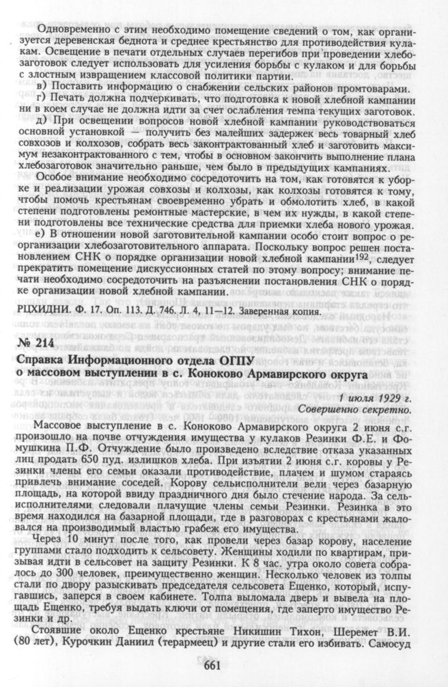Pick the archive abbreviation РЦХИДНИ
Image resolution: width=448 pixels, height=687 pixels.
pyautogui.click(x=40, y=311)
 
